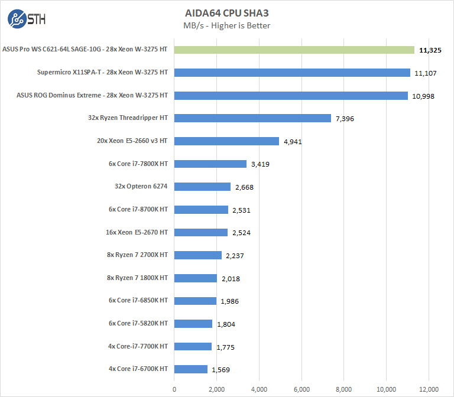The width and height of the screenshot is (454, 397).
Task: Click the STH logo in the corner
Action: click(x=26, y=18)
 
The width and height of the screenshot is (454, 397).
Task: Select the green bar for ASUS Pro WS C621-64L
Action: click(x=294, y=50)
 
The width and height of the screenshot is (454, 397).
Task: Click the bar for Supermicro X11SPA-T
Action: click(x=292, y=73)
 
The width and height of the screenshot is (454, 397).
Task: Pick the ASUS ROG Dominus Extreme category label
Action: click(x=92, y=95)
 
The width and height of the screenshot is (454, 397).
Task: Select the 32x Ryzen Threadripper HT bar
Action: click(x=252, y=118)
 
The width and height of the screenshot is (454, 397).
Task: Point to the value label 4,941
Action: click(x=294, y=141)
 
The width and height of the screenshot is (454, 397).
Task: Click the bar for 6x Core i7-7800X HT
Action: click(x=210, y=164)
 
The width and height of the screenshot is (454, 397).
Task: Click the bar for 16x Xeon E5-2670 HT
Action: click(x=201, y=232)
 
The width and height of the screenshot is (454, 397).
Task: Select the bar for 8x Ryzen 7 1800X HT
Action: click(x=196, y=278)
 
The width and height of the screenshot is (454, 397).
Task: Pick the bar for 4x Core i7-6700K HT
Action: click(x=191, y=369)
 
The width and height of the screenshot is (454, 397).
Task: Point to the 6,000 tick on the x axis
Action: click(x=301, y=389)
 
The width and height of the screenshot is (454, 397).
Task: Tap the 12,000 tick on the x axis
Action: click(x=429, y=389)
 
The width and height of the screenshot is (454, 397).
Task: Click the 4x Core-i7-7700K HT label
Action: click(x=138, y=346)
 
